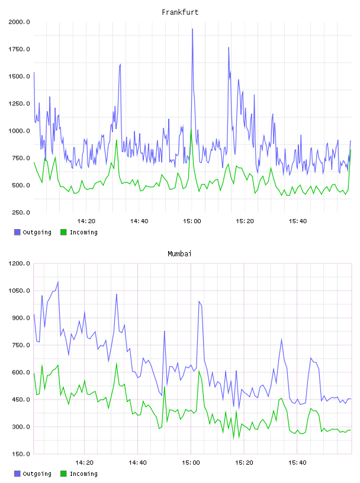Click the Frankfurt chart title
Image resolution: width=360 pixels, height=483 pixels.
[180, 12]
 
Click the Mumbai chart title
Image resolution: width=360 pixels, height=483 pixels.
[179, 254]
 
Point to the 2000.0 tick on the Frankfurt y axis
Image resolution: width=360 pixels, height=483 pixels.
[19, 22]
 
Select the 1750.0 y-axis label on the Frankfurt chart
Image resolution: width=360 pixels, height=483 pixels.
[19, 49]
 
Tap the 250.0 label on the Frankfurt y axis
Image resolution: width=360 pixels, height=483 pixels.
[21, 212]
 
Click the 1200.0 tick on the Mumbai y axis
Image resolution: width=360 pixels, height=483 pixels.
[19, 263]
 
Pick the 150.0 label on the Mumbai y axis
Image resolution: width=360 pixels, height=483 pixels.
[21, 454]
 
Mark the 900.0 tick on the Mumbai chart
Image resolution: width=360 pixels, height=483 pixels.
[21, 318]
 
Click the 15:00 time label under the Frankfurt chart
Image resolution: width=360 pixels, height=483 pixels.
[192, 221]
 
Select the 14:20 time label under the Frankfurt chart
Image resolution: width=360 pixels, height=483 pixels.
[86, 221]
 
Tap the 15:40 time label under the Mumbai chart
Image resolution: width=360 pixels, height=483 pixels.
[297, 463]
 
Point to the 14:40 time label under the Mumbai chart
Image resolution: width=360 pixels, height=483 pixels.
[137, 463]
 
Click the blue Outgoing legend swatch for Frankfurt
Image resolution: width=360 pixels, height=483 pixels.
[17, 232]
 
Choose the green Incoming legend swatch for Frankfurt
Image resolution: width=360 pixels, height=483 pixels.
[63, 232]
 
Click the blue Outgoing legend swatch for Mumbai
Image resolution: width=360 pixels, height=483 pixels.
[17, 474]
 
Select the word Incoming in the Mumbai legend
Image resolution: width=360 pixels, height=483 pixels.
[83, 474]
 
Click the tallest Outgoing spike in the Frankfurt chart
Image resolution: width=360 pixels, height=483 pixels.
[192, 29]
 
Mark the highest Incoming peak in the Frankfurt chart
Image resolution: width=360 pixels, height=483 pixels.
[191, 130]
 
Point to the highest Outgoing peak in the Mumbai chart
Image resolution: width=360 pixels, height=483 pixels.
[58, 282]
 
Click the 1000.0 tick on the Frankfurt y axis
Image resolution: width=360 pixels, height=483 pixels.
[19, 131]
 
